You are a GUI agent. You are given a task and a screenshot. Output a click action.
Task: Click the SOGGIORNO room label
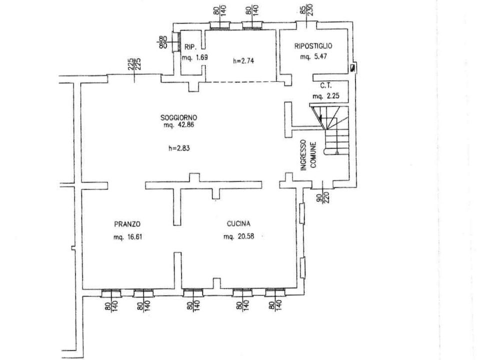coord(179,117)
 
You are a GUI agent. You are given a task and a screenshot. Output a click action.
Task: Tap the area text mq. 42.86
coord(179,125)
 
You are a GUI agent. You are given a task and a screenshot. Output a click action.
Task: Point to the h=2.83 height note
coord(179,148)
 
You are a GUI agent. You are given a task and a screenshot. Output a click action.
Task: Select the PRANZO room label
coord(127,224)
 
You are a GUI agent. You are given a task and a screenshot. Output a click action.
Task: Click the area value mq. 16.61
coord(127,237)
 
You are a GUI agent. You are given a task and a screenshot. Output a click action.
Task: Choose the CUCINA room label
coord(238,224)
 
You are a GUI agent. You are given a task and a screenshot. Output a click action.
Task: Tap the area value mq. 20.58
coord(239,236)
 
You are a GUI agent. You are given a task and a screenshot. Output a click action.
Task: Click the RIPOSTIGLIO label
coord(313,46)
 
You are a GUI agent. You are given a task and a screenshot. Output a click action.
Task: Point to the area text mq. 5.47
coord(313,56)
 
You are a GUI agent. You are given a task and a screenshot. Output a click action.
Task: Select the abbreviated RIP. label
coord(190,47)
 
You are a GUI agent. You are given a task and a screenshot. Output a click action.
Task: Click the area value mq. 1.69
coord(195,57)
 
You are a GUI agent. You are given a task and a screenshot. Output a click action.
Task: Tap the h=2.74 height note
coord(243,60)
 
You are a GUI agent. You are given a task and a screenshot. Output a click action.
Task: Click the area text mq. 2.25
coord(325,96)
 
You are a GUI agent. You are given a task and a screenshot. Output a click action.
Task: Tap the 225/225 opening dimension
coord(134,64)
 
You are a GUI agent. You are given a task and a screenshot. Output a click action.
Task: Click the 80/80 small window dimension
coord(163,42)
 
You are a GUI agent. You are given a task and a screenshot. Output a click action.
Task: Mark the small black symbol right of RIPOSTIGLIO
coord(353,68)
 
